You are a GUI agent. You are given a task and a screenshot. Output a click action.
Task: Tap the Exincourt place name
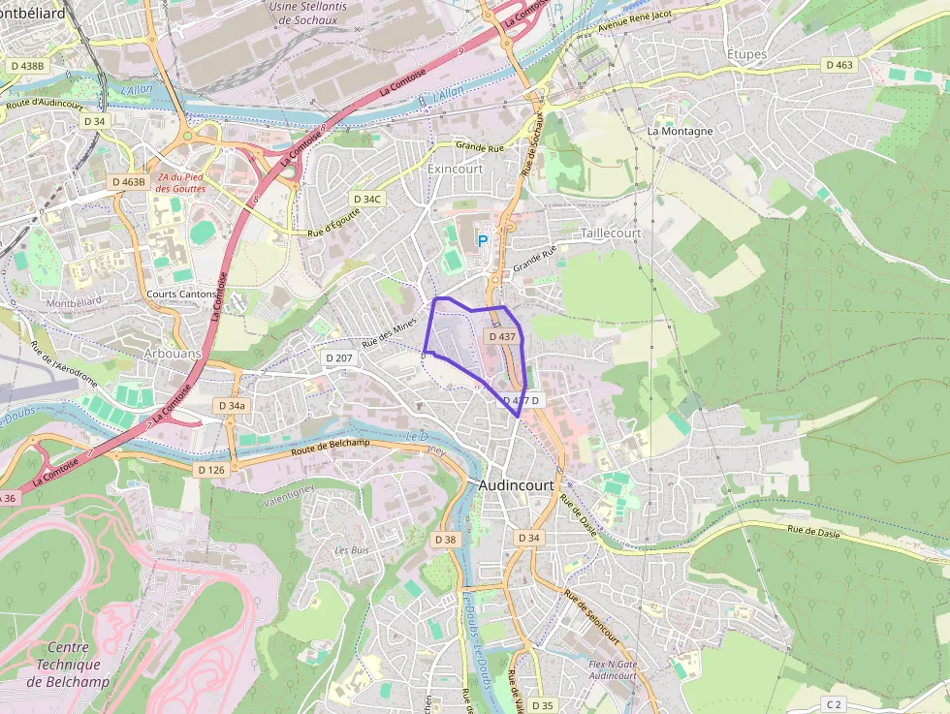(x=455, y=169)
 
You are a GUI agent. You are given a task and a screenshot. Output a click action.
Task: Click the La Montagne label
(x=680, y=131)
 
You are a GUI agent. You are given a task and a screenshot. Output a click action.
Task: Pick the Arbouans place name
(x=172, y=354)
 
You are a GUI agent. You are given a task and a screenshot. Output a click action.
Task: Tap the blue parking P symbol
(x=482, y=238)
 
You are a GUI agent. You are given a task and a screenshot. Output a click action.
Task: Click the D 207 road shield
(x=343, y=358)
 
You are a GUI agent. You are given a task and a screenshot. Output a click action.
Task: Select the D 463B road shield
(x=128, y=181)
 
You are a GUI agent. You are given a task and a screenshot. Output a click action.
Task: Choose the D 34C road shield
(x=368, y=199)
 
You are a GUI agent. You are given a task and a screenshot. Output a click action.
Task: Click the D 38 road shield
(x=445, y=539)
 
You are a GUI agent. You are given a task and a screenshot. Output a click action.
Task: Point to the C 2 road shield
(x=835, y=702)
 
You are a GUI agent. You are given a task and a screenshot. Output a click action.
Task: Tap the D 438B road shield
(x=25, y=65)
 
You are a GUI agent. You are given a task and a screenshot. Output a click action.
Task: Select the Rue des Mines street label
(x=389, y=332)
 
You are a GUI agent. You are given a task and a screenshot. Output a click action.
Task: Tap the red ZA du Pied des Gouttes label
(x=181, y=181)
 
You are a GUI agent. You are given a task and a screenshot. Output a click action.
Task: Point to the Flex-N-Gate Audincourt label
(x=613, y=669)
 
